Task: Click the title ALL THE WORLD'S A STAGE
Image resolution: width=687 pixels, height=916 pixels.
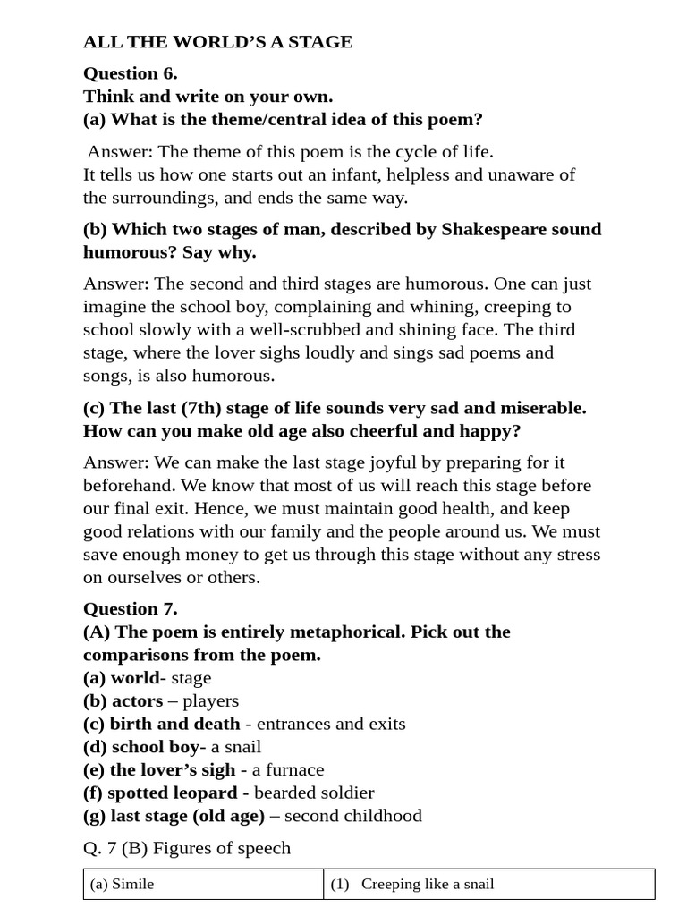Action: (217, 42)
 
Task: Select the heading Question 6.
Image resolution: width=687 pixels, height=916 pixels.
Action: (131, 73)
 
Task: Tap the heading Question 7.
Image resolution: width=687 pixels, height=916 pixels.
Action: (131, 609)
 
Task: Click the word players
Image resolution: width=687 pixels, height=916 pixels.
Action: (210, 700)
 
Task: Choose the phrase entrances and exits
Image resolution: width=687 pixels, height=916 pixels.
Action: (331, 724)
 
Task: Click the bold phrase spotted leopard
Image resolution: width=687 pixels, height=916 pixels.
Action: (173, 793)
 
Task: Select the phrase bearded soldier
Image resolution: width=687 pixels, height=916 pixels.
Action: (315, 793)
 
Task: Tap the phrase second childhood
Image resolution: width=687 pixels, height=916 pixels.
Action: (352, 816)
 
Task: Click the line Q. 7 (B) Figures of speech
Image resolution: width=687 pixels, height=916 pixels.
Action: (187, 848)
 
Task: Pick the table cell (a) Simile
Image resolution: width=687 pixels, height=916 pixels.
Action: (123, 884)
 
